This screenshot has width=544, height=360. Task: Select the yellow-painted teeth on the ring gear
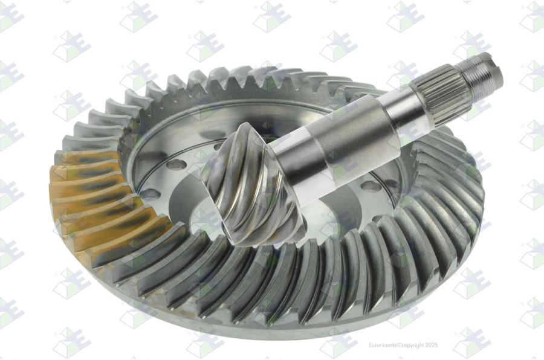click(100, 205)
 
